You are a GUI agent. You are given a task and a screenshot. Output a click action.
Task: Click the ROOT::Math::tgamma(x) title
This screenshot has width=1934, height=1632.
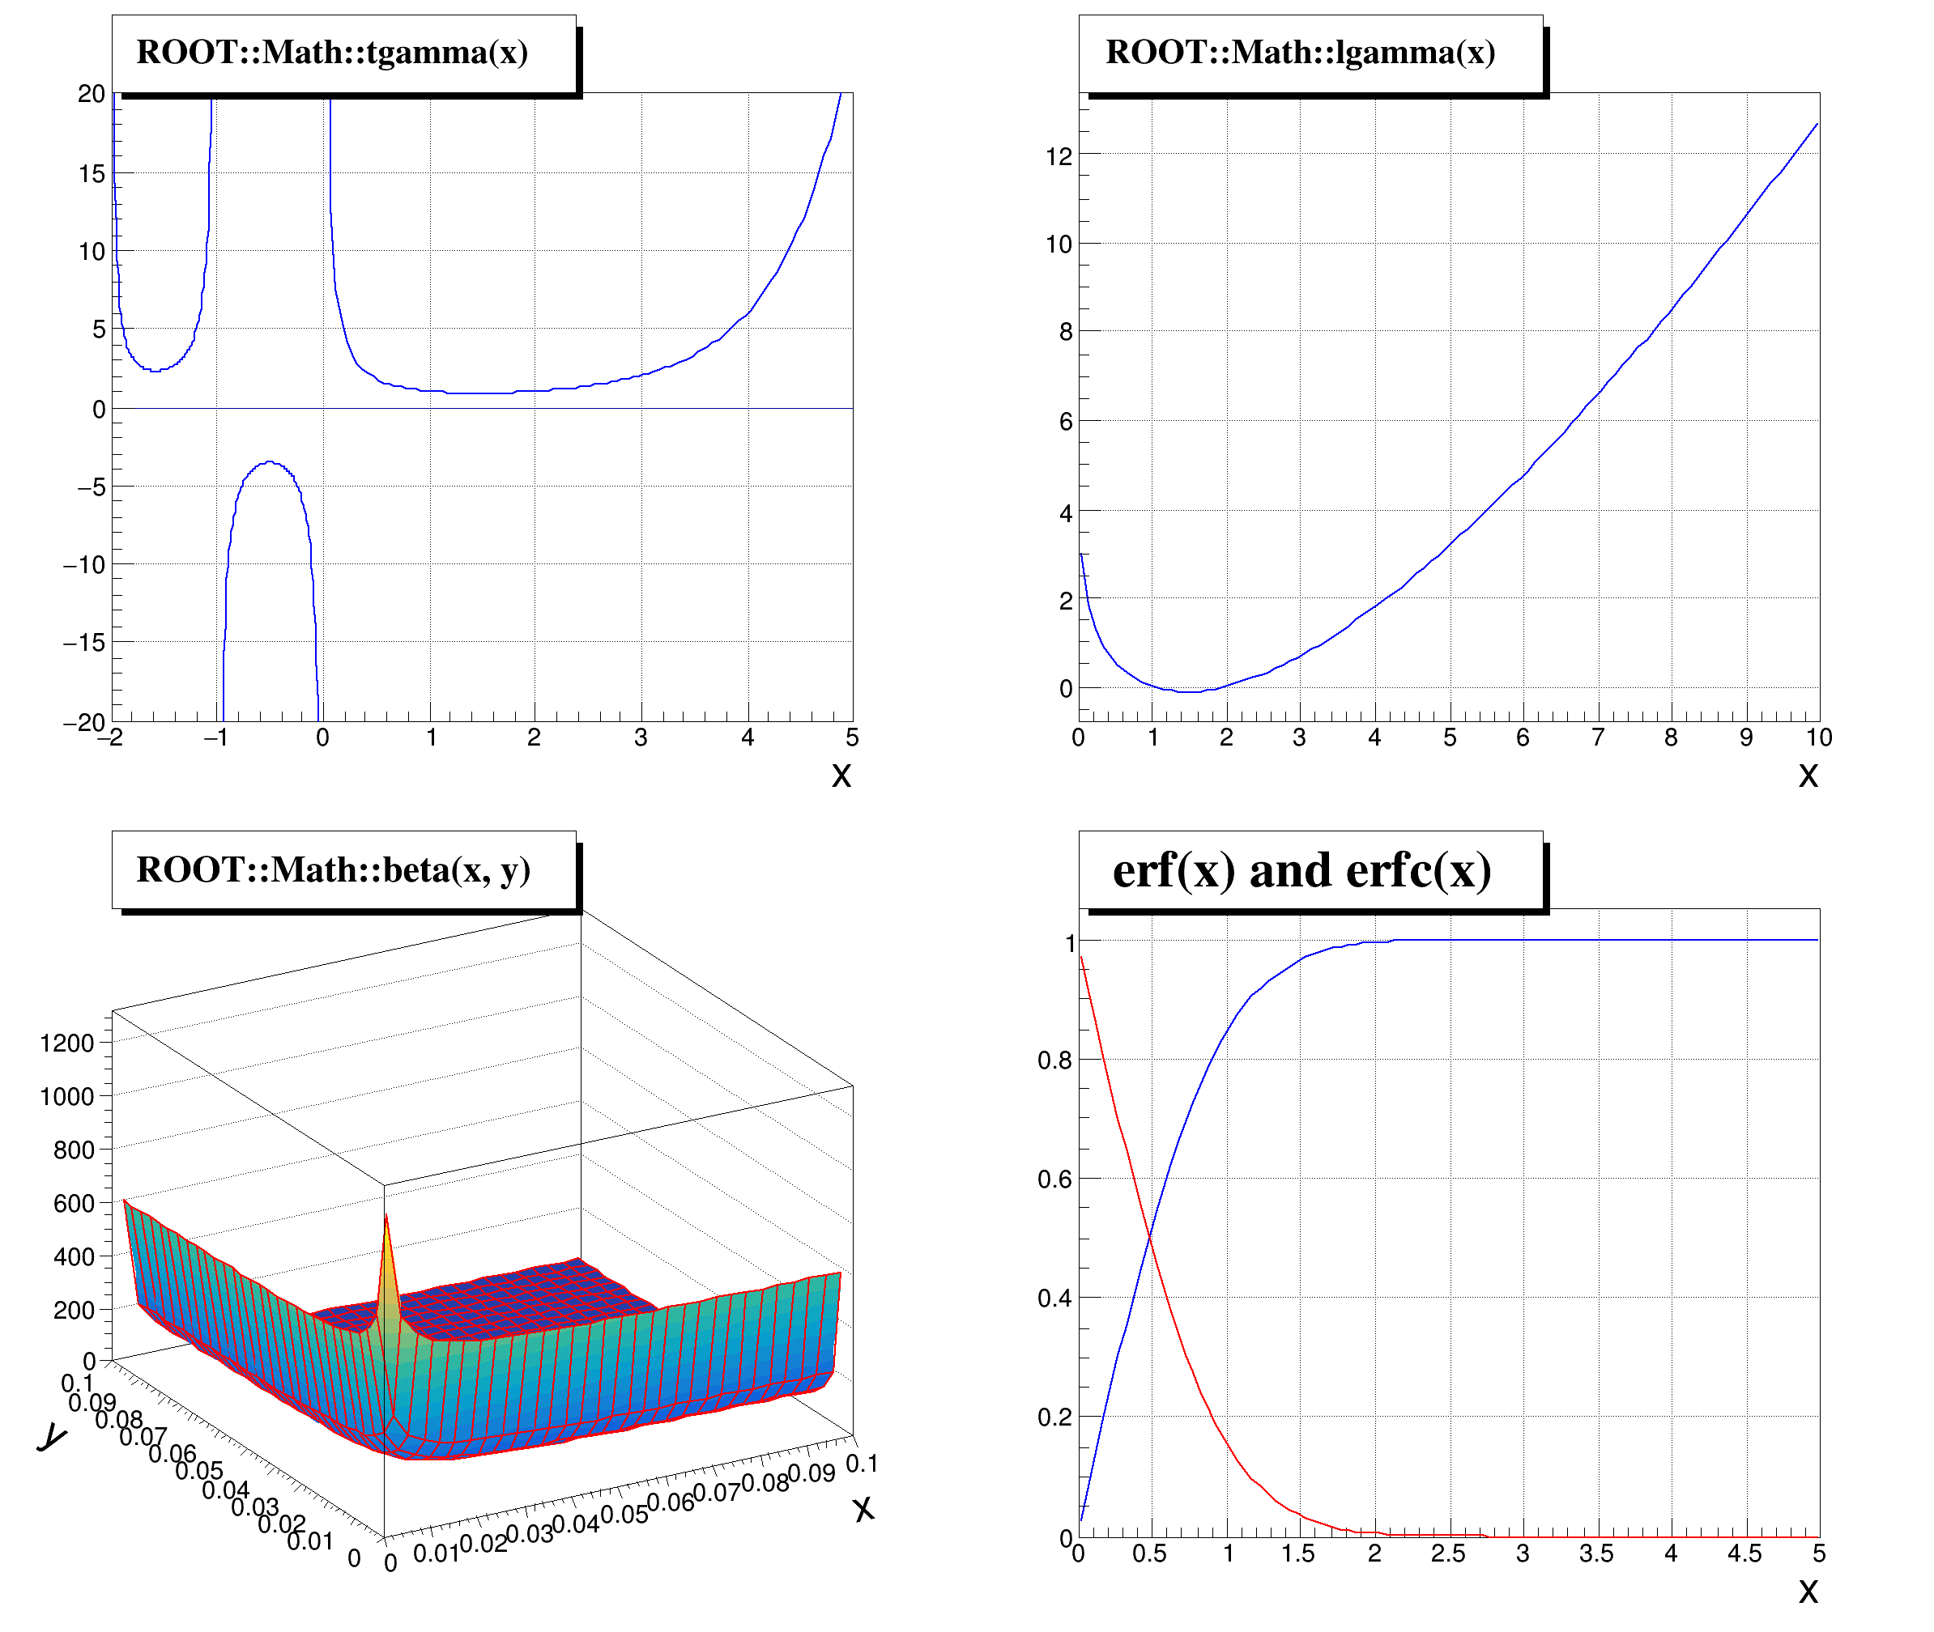332,53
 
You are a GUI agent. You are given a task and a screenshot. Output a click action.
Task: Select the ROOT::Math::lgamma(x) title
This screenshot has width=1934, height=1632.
1299,53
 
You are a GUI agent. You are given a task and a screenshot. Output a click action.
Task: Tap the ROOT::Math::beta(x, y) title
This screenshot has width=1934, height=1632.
333,869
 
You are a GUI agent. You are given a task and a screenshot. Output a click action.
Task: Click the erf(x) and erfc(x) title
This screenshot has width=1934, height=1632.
1301,870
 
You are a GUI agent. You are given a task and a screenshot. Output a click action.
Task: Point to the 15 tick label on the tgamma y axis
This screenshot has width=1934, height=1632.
92,173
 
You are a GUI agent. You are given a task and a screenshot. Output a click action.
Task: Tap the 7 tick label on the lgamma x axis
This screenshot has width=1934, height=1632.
1597,737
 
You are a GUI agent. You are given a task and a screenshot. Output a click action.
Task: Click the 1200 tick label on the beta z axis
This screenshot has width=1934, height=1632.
66,1043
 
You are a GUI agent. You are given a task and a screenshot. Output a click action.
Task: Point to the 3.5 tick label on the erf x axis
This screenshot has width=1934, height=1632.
1596,1553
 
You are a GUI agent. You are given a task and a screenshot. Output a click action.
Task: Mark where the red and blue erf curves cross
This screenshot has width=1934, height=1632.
1150,1237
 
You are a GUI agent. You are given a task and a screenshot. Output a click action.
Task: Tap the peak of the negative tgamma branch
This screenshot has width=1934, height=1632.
269,461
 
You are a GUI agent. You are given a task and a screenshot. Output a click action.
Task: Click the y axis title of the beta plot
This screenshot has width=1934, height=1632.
52,1437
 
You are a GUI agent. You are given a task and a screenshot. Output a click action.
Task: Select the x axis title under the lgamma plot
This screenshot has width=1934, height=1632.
1807,775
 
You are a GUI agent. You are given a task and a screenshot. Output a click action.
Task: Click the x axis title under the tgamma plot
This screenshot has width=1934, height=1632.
840,775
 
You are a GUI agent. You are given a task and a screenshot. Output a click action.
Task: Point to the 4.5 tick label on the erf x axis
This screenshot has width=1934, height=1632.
1744,1553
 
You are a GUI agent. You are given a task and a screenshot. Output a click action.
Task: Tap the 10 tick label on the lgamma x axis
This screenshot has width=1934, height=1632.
1818,737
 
